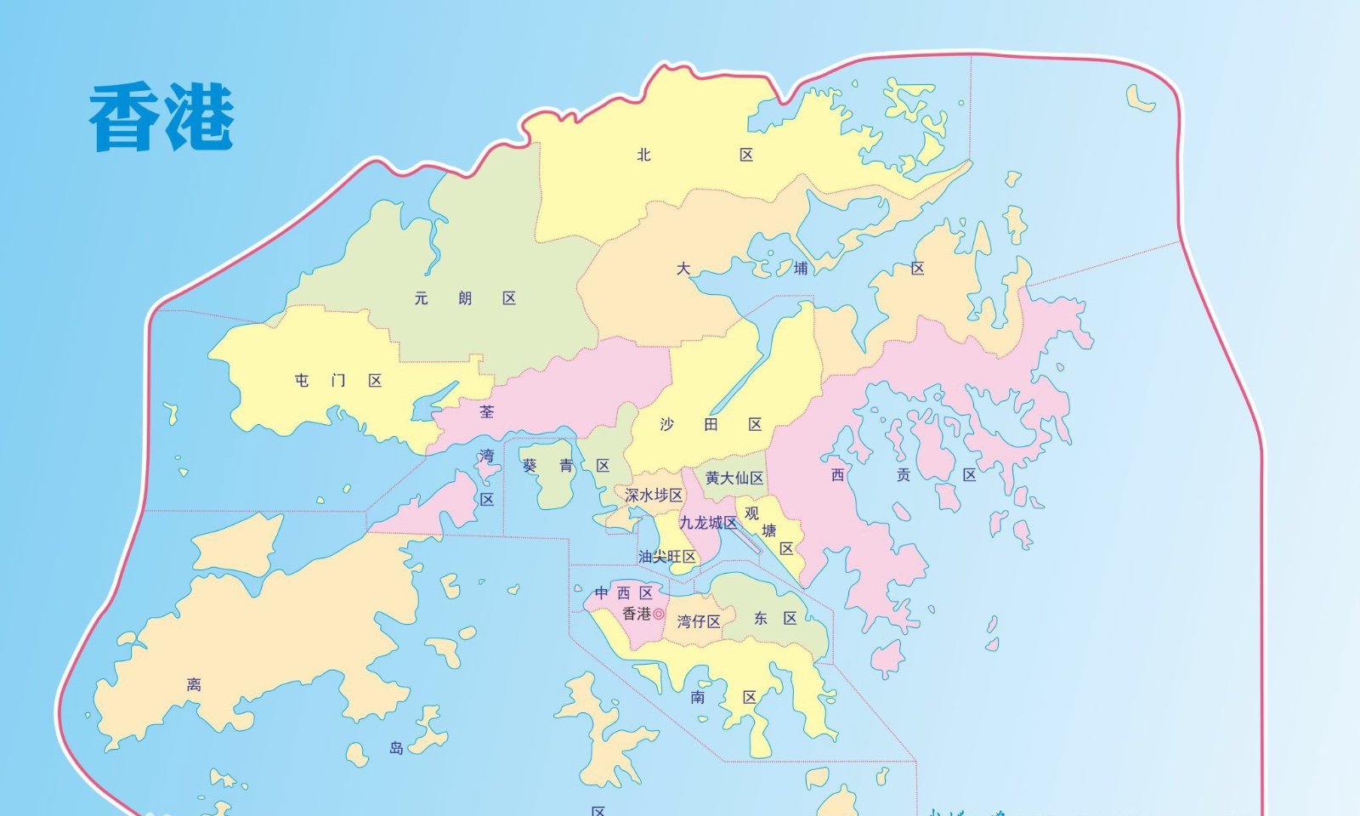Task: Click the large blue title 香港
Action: tap(161, 117)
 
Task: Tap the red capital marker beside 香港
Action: tap(659, 614)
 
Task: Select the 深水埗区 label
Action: tap(654, 495)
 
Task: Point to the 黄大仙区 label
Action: tap(734, 479)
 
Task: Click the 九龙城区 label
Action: tap(708, 523)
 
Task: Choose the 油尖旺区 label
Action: tap(667, 557)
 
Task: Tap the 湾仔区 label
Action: tap(699, 621)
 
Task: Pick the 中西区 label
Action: tap(623, 592)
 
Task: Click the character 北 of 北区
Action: tap(643, 155)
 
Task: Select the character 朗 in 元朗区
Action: tap(465, 298)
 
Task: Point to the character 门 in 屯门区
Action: tap(338, 381)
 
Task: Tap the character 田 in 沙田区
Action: tap(711, 424)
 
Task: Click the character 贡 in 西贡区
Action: tap(904, 475)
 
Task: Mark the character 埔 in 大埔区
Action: tap(800, 269)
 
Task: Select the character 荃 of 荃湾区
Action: tap(486, 411)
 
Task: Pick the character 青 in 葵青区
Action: tap(566, 466)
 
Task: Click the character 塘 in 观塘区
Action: tap(769, 530)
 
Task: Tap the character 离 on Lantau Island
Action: tap(194, 684)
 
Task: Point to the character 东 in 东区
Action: tap(760, 619)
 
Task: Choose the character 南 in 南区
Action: tap(698, 697)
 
